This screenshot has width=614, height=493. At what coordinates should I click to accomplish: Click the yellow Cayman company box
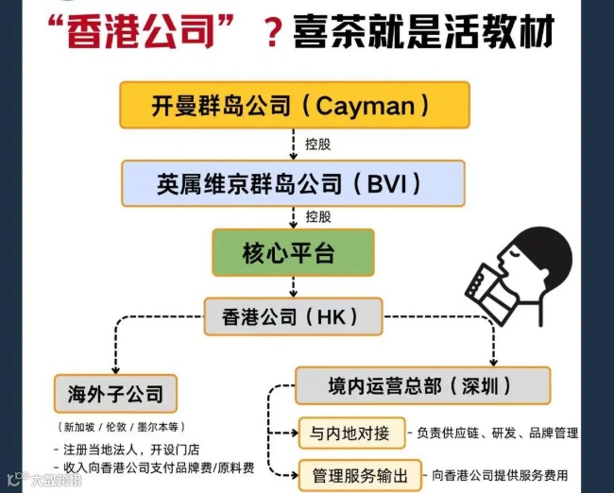click(294, 105)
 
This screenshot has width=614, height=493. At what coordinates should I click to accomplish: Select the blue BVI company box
click(293, 183)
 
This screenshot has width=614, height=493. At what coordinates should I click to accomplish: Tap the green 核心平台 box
click(293, 252)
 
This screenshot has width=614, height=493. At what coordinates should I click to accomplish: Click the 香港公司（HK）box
click(294, 317)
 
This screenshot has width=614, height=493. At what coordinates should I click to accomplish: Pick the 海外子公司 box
click(115, 392)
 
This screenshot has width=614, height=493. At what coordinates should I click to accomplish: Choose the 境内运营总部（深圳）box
click(422, 386)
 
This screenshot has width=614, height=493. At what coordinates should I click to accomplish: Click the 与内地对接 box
click(350, 433)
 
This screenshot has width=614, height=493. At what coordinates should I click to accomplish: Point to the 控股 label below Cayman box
click(317, 144)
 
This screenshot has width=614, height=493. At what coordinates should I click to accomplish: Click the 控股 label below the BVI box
click(317, 217)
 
